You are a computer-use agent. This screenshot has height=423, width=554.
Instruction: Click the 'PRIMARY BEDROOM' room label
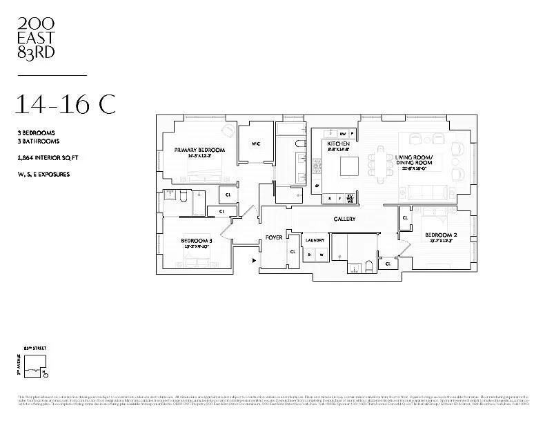(x=200, y=150)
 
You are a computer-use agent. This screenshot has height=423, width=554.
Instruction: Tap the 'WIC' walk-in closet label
(x=256, y=144)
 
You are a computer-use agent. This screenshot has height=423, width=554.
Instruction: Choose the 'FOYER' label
(x=274, y=238)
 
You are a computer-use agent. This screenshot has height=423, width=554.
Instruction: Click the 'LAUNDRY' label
(x=315, y=240)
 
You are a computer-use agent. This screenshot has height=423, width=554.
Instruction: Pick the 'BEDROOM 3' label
(x=197, y=241)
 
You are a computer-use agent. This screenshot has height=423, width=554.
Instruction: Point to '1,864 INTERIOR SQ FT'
(x=48, y=158)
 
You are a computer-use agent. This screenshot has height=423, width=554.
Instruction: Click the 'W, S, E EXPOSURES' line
(x=44, y=174)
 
